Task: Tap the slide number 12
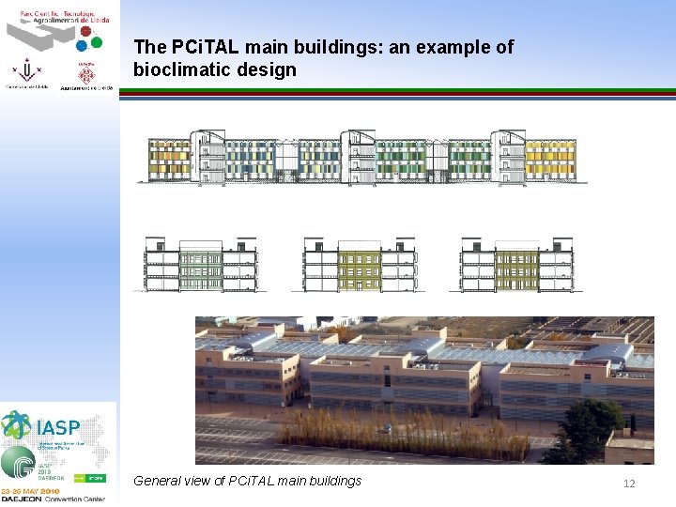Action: (x=630, y=483)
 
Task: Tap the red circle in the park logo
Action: (x=85, y=31)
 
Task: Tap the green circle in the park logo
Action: (x=95, y=41)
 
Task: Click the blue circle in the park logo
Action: (x=82, y=44)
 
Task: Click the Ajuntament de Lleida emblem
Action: (x=86, y=73)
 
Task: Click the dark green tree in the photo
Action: (x=586, y=433)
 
